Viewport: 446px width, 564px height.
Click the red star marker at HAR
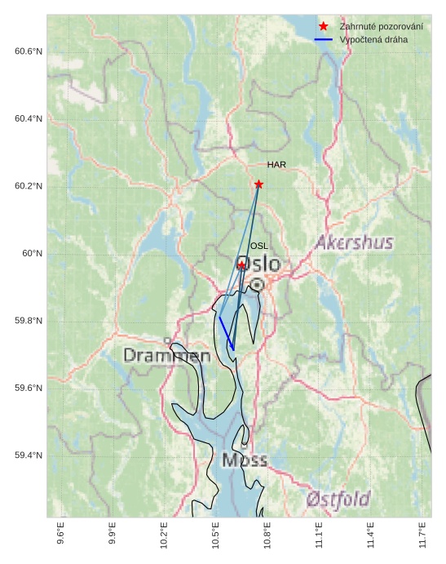click(258, 184)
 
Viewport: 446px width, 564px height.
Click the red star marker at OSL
click(241, 265)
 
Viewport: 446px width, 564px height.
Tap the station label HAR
click(276, 166)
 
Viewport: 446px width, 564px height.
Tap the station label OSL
click(259, 246)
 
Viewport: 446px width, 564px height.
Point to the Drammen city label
click(167, 356)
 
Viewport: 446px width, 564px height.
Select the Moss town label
click(244, 461)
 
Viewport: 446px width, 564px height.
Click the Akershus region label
click(355, 243)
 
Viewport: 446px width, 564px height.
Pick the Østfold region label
click(339, 499)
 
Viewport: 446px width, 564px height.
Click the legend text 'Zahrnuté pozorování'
click(381, 27)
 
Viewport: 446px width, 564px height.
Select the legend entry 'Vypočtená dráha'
click(374, 39)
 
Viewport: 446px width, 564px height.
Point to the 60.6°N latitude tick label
click(29, 51)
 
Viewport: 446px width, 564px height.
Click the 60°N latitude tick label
click(33, 254)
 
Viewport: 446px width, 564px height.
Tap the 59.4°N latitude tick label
click(29, 455)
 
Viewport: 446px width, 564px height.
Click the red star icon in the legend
click(324, 27)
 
